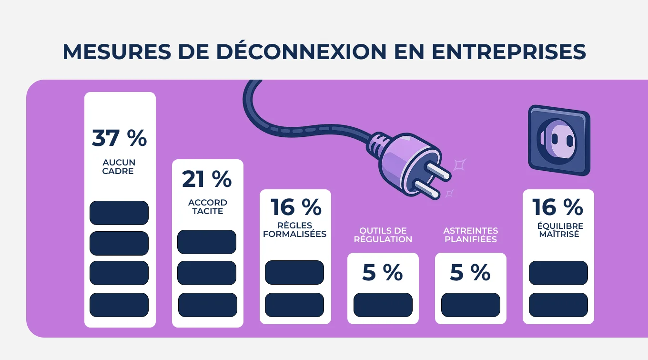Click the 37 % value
pos(120,138)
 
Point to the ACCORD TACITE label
pos(208,207)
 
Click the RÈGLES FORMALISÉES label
pos(295,229)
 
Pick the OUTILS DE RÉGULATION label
pos(383,235)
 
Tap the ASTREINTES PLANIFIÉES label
pos(471,235)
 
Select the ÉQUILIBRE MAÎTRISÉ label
pos(558,230)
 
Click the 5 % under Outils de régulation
pos(383,273)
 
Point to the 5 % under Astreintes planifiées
pos(470,273)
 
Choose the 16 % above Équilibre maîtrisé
pos(557,207)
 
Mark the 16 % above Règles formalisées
pos(296,207)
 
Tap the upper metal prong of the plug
pos(439,170)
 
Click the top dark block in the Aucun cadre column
pos(119,213)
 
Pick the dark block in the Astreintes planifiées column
pos(471,305)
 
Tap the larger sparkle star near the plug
pos(459,165)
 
